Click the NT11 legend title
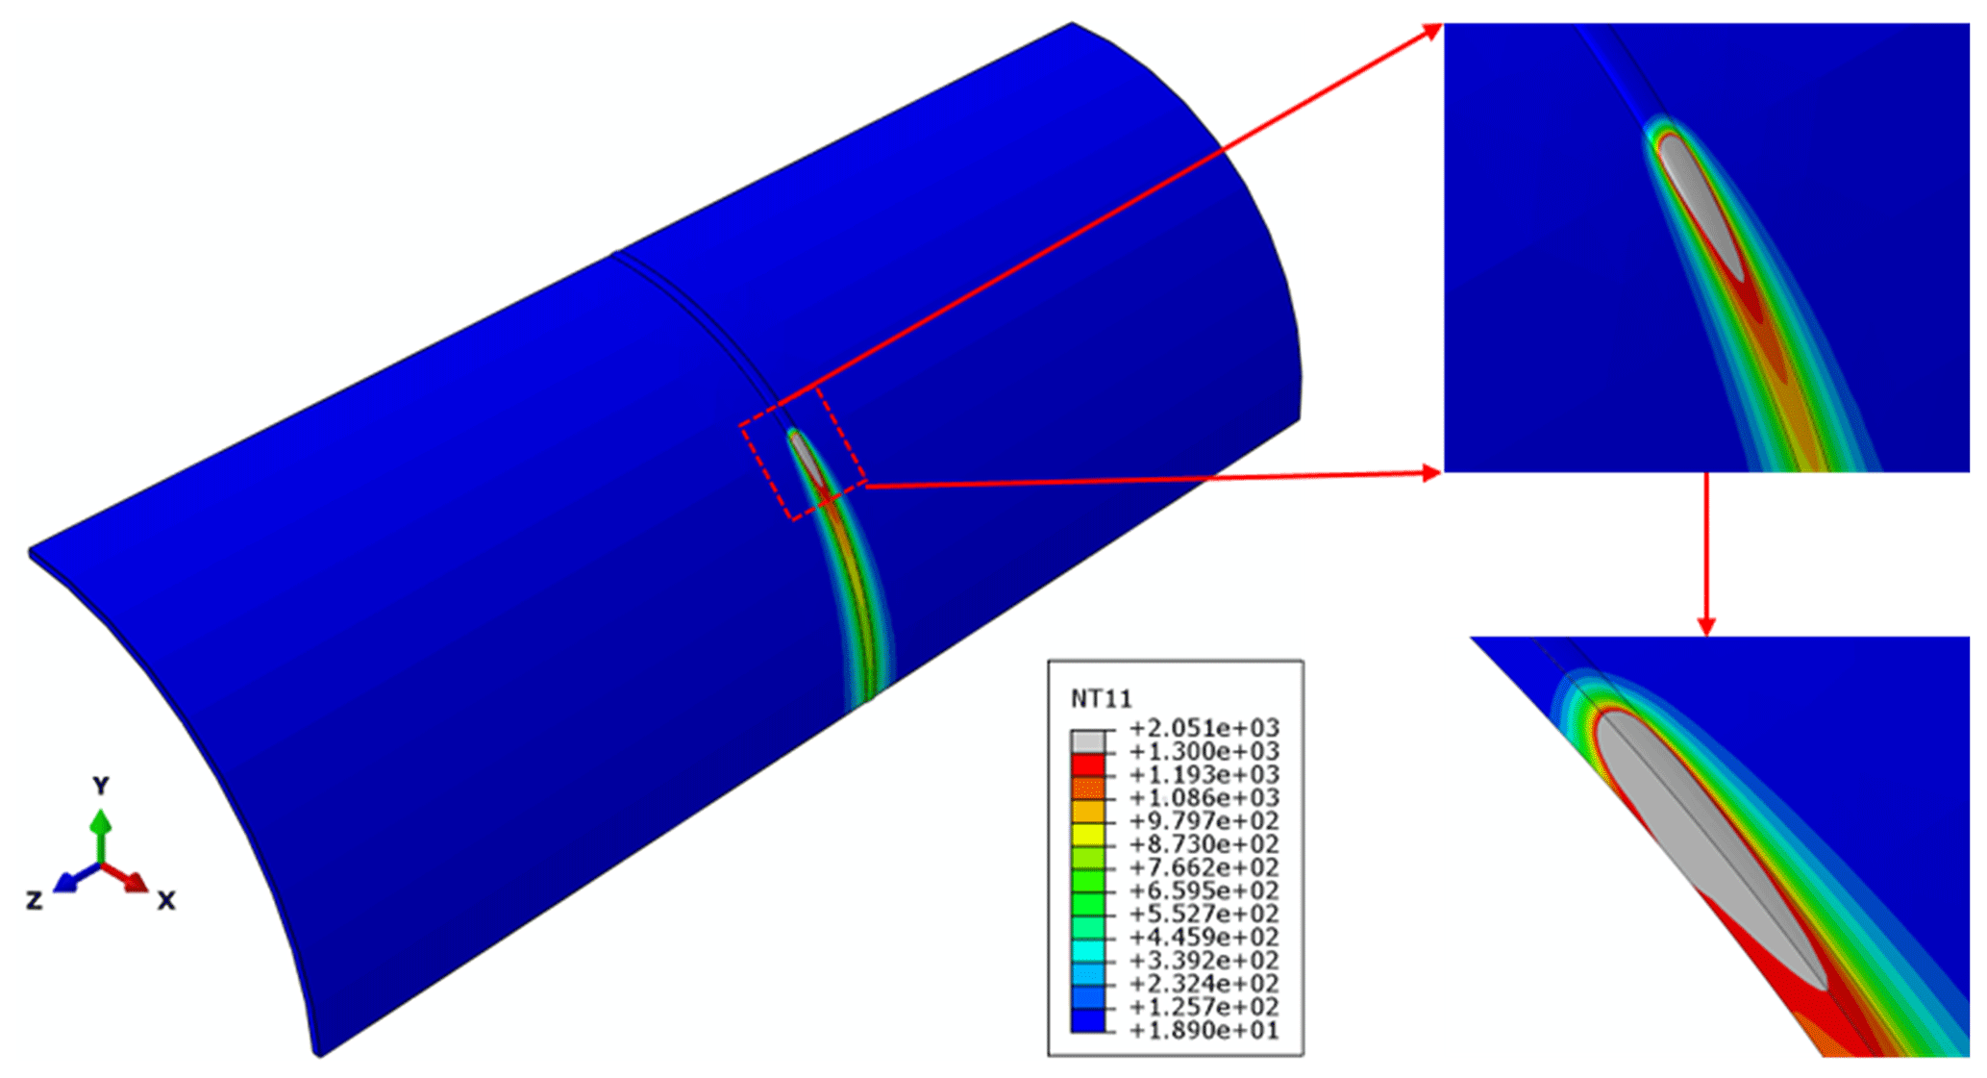pos(1101,698)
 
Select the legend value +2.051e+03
pos(1204,728)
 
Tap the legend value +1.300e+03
pos(1204,751)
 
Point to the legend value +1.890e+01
pos(1204,1031)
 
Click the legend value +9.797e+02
pos(1204,821)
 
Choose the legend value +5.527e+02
pos(1204,914)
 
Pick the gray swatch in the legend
pos(1087,741)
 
